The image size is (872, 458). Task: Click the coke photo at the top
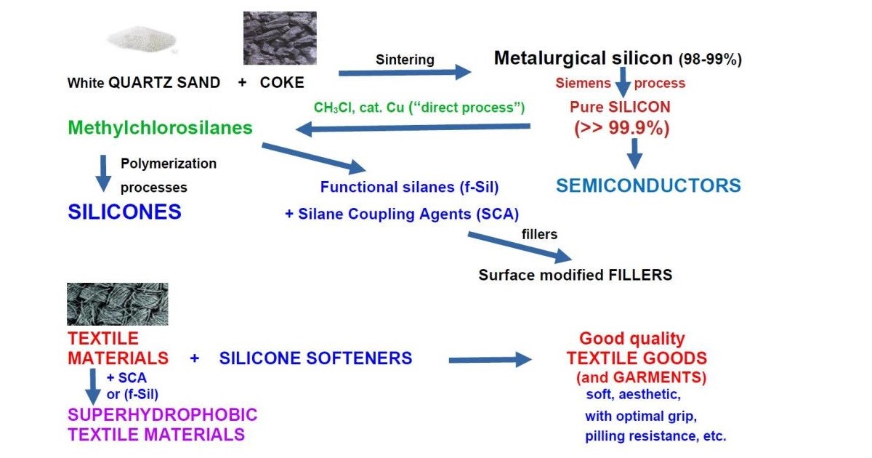[280, 38]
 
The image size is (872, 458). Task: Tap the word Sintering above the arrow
[405, 59]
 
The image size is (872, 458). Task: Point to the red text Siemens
[583, 83]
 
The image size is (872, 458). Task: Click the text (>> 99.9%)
[621, 129]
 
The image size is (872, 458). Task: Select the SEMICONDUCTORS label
[648, 185]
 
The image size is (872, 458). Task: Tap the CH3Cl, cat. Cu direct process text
[419, 107]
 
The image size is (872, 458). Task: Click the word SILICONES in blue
[124, 212]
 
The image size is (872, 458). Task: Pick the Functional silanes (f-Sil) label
[409, 187]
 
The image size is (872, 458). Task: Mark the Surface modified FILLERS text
[575, 275]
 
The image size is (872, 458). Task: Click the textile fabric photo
[117, 304]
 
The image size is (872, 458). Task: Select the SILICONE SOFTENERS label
[315, 358]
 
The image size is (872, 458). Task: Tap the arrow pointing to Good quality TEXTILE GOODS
[490, 360]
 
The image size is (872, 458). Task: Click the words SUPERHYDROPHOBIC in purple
[163, 415]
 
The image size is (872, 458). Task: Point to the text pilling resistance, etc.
[655, 437]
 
